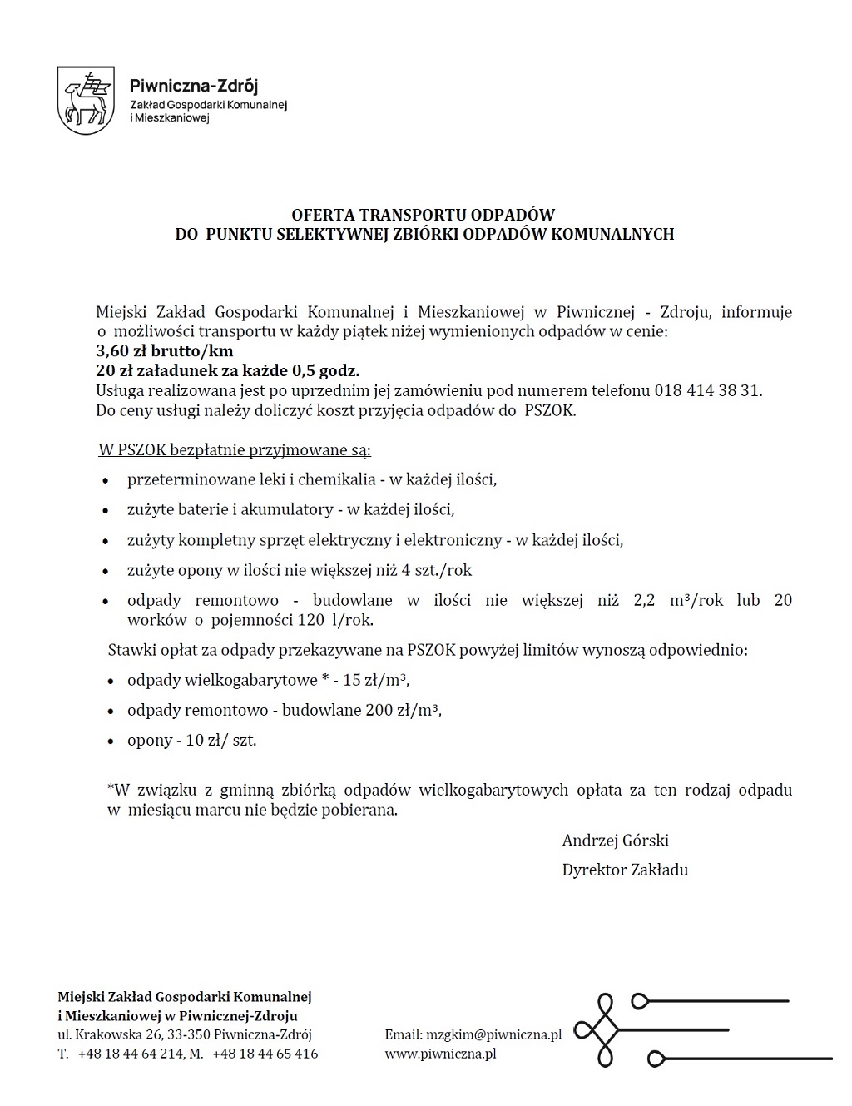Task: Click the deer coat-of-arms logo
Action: tap(86, 100)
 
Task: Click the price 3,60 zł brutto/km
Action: tap(165, 351)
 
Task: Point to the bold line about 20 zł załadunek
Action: tap(228, 370)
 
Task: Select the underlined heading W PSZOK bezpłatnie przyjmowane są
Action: tap(235, 451)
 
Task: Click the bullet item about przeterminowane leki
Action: tap(312, 479)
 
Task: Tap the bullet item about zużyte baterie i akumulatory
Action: tap(290, 509)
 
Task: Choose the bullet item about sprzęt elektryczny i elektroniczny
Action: tap(374, 540)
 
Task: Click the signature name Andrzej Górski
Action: tap(616, 840)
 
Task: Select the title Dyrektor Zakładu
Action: tap(625, 870)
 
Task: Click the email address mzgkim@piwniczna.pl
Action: tap(494, 1034)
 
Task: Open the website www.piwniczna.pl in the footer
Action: tap(440, 1054)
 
